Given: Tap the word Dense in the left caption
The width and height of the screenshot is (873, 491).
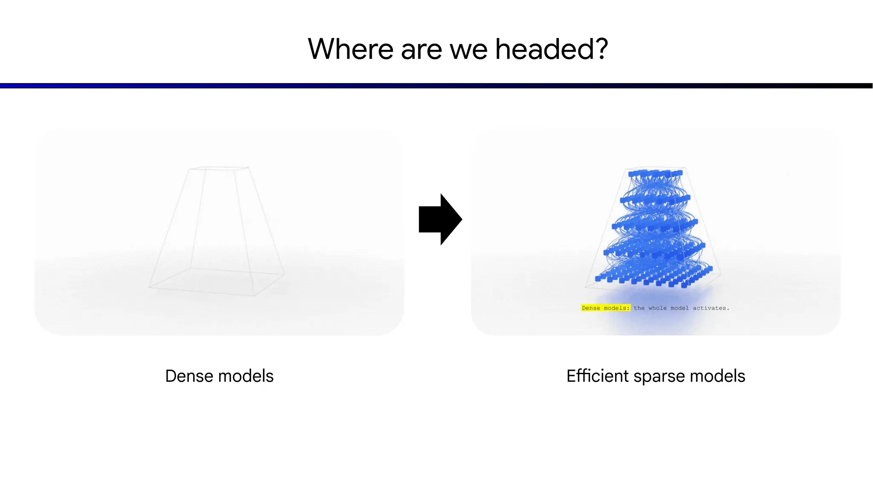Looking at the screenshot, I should tap(189, 376).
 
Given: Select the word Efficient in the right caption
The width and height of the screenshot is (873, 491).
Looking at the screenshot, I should tap(597, 376).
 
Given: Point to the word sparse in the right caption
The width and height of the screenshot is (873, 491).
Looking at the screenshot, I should tap(659, 376).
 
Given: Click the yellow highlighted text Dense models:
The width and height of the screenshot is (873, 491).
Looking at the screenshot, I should tap(605, 308).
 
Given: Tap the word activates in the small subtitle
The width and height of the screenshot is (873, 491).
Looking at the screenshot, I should tap(710, 308).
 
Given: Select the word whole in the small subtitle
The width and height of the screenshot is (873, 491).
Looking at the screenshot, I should tap(657, 308).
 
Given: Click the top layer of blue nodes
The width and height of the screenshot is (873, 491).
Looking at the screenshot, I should tap(655, 173).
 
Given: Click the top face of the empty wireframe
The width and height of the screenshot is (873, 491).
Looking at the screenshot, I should tap(219, 168).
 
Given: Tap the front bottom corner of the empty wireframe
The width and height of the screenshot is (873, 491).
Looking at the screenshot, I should tap(254, 295).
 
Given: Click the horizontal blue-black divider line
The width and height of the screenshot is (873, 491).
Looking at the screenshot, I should tap(436, 86).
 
